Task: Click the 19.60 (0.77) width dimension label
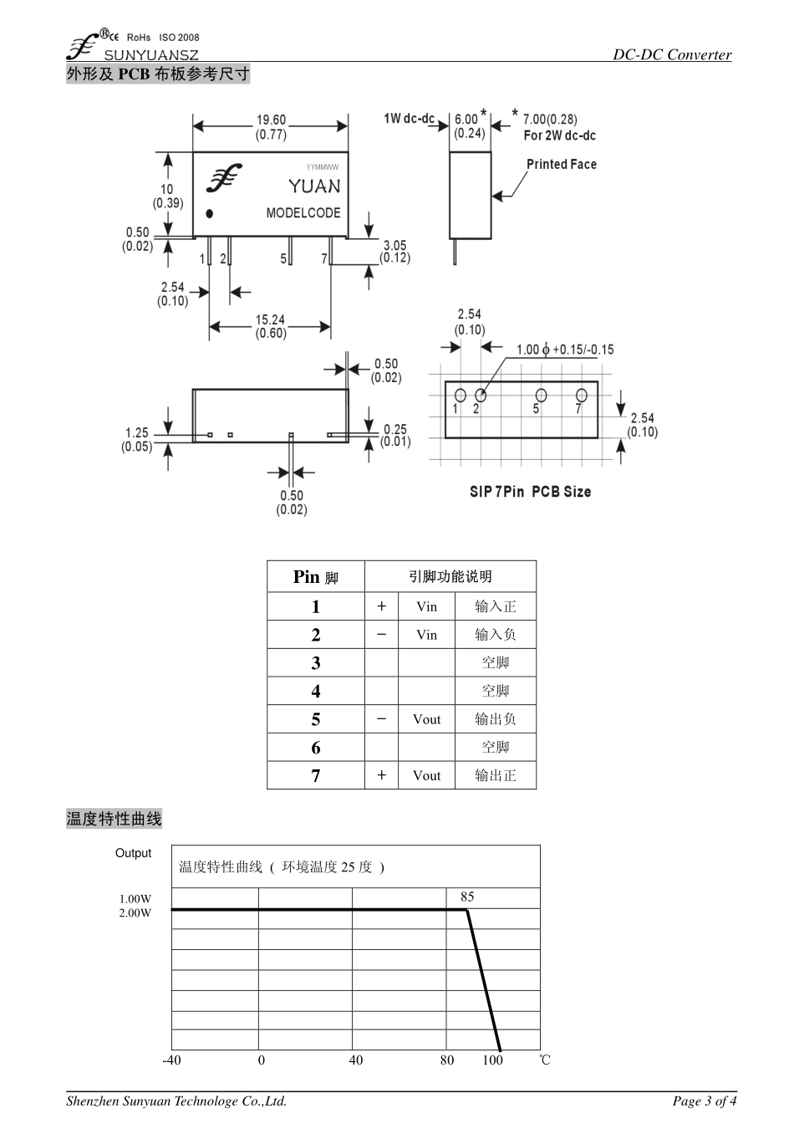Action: click(x=271, y=127)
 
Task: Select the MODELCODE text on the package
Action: click(x=303, y=213)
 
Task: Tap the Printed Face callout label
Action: click(x=561, y=165)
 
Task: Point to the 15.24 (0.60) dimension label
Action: click(x=271, y=326)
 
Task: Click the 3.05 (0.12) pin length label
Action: click(x=394, y=251)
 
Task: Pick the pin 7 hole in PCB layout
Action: click(x=582, y=395)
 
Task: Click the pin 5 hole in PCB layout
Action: click(x=541, y=395)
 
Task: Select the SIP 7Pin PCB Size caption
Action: click(x=530, y=492)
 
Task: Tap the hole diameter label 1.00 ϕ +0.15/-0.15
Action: click(x=564, y=350)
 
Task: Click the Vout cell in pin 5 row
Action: click(x=426, y=719)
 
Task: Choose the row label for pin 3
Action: click(x=316, y=663)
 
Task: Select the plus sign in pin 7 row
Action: click(x=381, y=775)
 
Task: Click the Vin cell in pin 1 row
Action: click(x=426, y=607)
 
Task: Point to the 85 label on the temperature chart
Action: click(x=467, y=897)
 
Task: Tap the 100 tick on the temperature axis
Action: click(x=493, y=1060)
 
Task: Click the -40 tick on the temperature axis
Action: click(x=171, y=1060)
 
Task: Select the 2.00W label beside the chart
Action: click(x=135, y=913)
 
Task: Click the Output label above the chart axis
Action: click(x=134, y=853)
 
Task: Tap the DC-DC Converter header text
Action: click(x=672, y=54)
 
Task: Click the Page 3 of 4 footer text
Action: click(x=705, y=1101)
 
